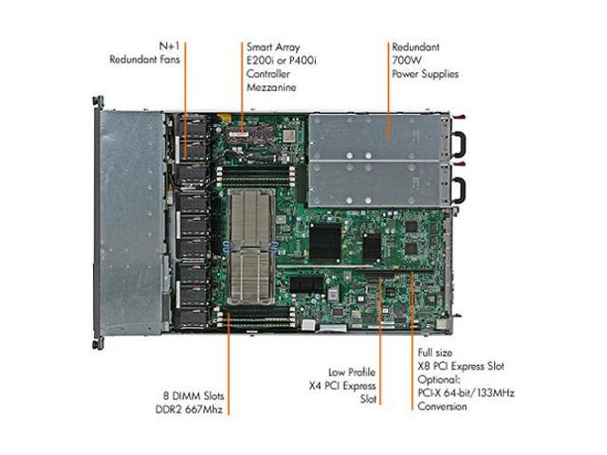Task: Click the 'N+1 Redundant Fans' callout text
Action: (145, 53)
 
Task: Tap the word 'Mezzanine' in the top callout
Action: (271, 87)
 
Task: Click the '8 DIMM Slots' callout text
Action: (193, 396)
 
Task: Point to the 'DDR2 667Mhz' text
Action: (190, 409)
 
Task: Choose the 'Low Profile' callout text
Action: (352, 373)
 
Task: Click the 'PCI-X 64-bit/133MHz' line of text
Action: (466, 393)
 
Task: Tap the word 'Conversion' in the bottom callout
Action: (442, 407)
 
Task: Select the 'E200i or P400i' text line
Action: (282, 61)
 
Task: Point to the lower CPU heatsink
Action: (250, 276)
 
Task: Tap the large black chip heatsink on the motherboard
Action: (325, 242)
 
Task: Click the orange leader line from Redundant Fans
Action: (185, 100)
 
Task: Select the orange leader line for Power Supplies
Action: (389, 90)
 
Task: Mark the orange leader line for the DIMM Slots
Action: (229, 364)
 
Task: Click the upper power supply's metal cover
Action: (375, 136)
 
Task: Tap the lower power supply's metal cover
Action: (375, 183)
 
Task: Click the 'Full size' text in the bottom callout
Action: (434, 353)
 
